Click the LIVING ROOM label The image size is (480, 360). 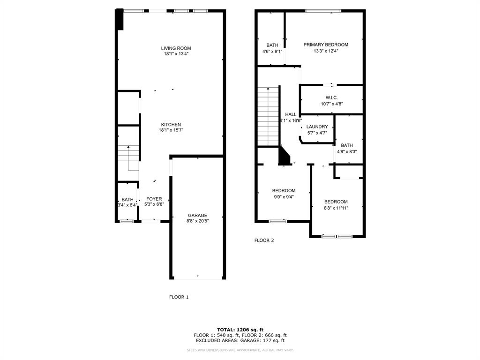click(x=176, y=48)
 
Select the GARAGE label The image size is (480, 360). click(x=197, y=216)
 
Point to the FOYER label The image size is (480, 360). click(x=154, y=199)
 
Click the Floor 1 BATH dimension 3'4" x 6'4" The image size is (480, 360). click(x=127, y=205)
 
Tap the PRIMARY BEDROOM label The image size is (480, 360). click(x=326, y=45)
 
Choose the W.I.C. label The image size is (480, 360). click(x=331, y=97)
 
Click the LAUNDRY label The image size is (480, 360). click(x=317, y=127)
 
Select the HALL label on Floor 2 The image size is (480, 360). click(x=291, y=114)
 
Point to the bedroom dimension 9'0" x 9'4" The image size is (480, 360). click(x=284, y=197)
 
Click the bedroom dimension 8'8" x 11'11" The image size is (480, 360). click(x=336, y=208)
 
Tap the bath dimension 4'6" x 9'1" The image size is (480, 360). click(x=272, y=52)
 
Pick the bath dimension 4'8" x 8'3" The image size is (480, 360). click(x=346, y=151)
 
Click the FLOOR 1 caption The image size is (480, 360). click(x=179, y=297)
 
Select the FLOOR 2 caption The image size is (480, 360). click(x=264, y=240)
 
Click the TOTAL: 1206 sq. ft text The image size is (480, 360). click(x=240, y=330)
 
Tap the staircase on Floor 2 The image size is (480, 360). click(x=268, y=116)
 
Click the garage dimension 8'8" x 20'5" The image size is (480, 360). click(x=197, y=221)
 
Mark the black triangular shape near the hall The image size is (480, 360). click(x=284, y=157)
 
